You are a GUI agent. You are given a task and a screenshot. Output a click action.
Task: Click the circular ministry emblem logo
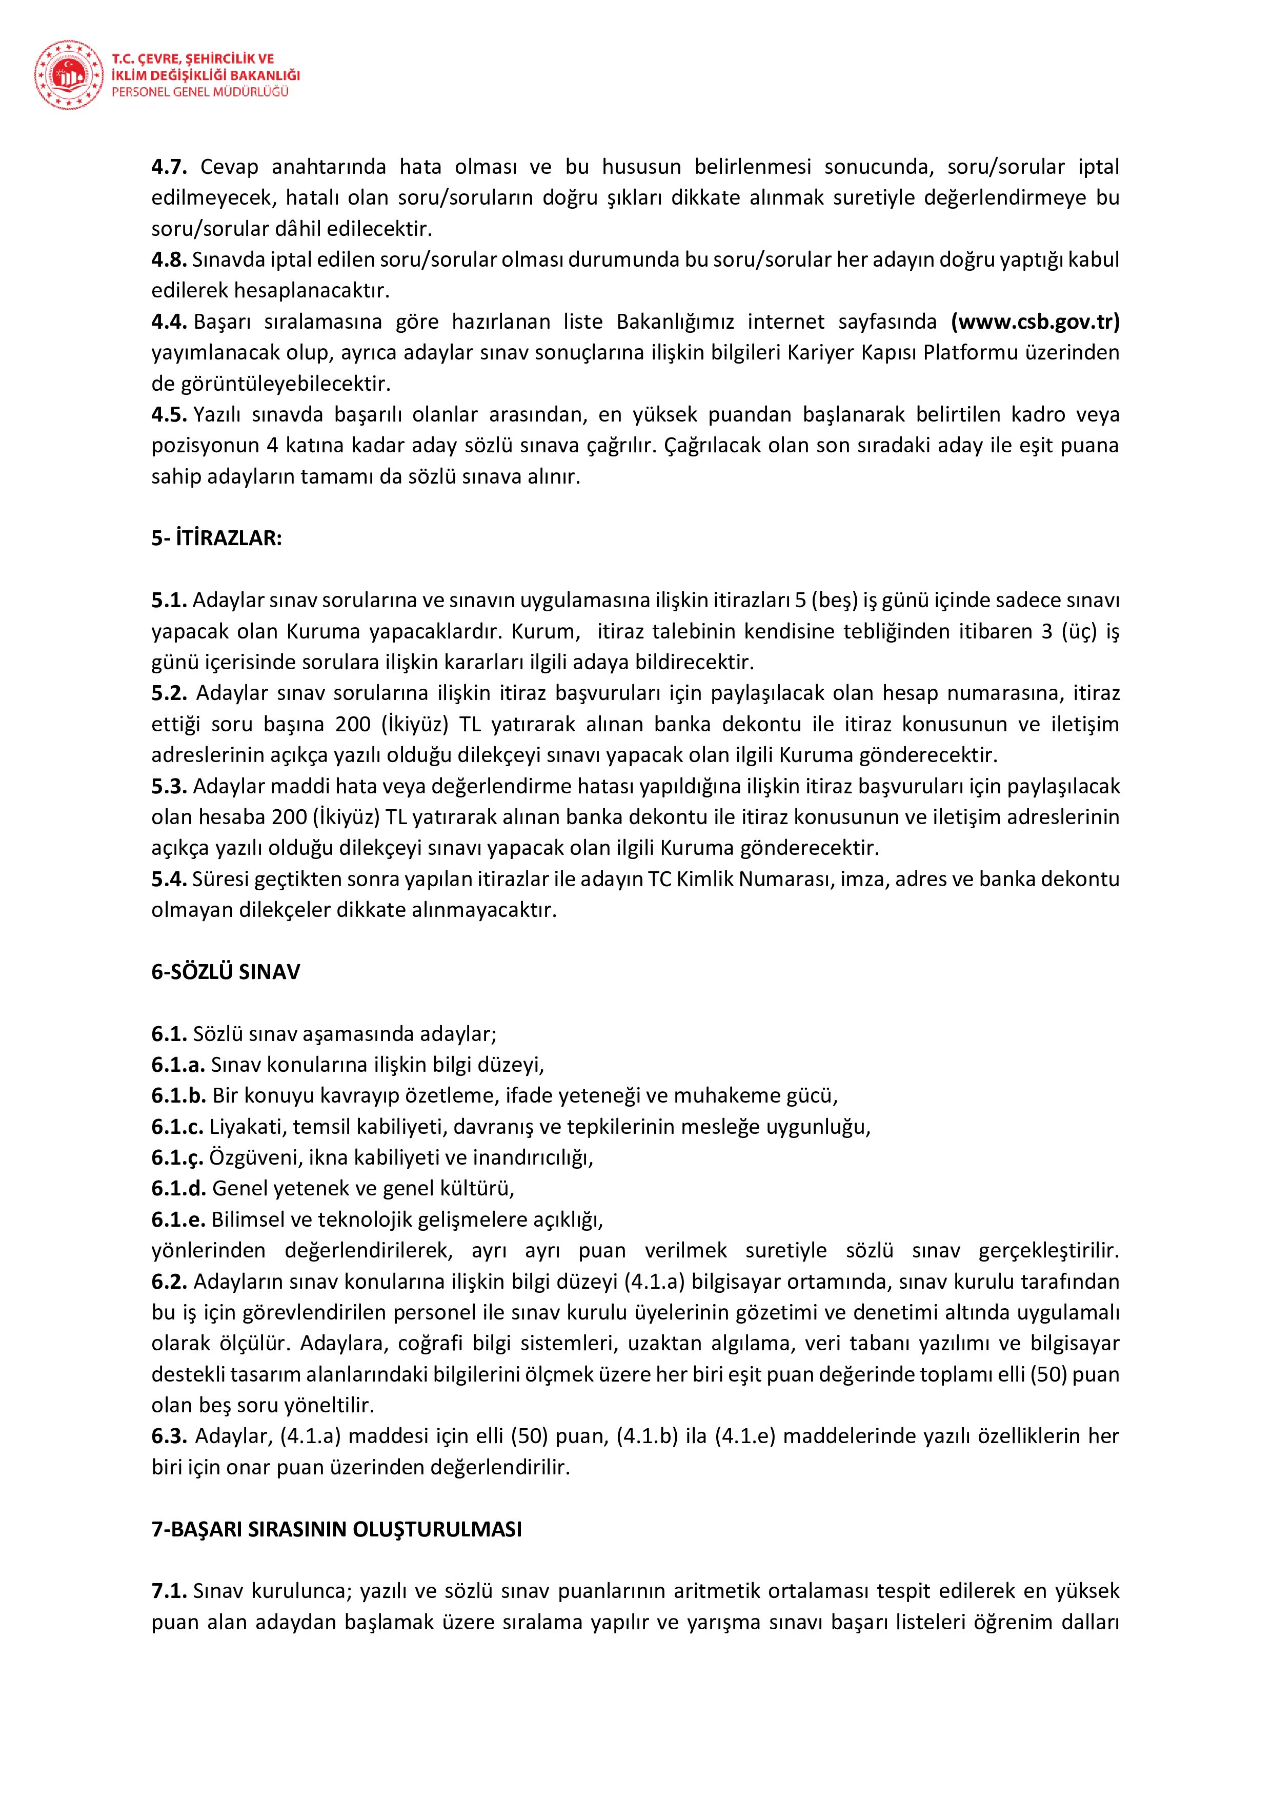pyautogui.click(x=68, y=76)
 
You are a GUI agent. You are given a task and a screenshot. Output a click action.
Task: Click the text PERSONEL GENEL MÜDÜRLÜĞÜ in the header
pyautogui.click(x=200, y=92)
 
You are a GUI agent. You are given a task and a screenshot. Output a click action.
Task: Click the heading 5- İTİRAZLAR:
pyautogui.click(x=216, y=538)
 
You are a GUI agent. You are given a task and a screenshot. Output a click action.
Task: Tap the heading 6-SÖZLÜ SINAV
pyautogui.click(x=226, y=972)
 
